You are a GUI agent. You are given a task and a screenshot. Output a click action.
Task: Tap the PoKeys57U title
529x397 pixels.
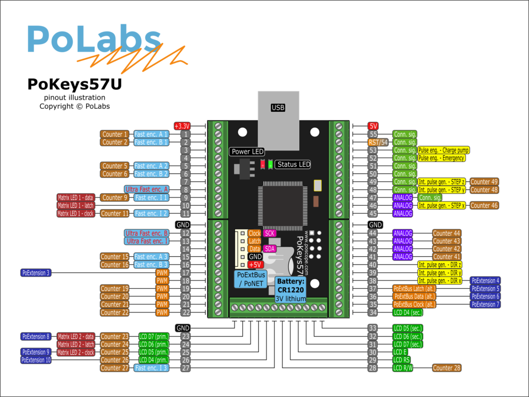click(x=74, y=84)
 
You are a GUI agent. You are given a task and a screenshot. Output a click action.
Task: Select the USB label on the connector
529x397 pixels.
click(x=278, y=108)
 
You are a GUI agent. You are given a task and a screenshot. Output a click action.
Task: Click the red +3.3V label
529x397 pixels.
click(x=182, y=126)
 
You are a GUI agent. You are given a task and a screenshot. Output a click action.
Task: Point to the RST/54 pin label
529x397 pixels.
click(x=378, y=142)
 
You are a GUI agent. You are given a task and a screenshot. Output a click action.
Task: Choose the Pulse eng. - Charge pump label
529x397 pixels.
click(x=444, y=150)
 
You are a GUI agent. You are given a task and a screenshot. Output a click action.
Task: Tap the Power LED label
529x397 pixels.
click(x=247, y=152)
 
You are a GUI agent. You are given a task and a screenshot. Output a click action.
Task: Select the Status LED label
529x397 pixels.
click(x=293, y=164)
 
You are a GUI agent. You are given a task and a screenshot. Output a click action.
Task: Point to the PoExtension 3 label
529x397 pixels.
click(x=36, y=272)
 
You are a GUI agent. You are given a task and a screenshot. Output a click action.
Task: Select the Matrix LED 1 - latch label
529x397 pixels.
click(x=76, y=205)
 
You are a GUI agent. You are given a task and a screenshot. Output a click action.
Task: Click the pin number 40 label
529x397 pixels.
click(x=373, y=264)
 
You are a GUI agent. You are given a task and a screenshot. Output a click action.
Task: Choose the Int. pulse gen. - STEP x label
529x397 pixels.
click(x=442, y=205)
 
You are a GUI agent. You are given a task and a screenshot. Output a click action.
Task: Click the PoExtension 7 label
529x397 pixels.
click(x=485, y=304)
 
